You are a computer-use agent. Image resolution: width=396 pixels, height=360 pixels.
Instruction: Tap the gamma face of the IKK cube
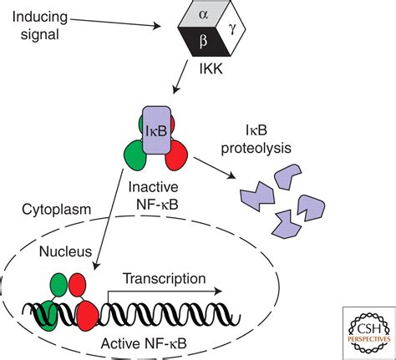click(x=231, y=28)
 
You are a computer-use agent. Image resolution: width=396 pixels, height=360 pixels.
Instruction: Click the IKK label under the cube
click(x=211, y=68)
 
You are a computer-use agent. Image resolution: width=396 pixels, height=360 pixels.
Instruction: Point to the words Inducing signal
click(x=40, y=26)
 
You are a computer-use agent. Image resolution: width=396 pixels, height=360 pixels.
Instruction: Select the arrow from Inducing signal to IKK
click(x=115, y=23)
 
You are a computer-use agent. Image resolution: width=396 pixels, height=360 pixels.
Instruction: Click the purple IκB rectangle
click(x=156, y=130)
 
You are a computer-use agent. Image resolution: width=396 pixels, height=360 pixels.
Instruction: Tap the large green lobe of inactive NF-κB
click(x=135, y=155)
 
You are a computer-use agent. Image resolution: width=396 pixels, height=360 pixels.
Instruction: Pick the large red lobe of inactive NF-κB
click(x=177, y=155)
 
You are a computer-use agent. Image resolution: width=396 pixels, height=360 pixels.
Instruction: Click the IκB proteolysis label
click(x=256, y=139)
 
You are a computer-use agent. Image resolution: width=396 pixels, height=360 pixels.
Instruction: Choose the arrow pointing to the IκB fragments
click(x=214, y=168)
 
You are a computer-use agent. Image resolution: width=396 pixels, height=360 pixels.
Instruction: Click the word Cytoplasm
click(x=57, y=210)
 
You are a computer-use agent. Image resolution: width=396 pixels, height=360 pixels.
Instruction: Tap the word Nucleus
click(x=65, y=251)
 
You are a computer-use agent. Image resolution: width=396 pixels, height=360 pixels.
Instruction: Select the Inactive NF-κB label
click(x=154, y=196)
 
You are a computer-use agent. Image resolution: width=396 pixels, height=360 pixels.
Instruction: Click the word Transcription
click(x=165, y=279)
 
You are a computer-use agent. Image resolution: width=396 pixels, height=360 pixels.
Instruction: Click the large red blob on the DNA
click(x=88, y=317)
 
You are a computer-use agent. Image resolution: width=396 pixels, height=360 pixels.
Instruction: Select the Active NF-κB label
click(x=144, y=343)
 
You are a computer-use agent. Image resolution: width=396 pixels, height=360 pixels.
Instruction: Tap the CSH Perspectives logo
click(x=369, y=332)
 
